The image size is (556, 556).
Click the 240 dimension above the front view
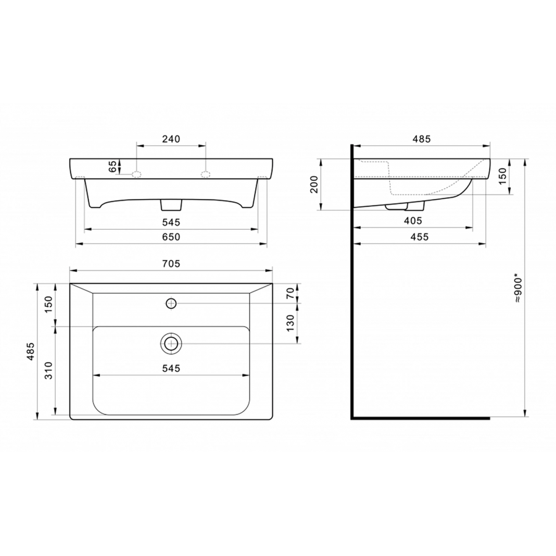171,139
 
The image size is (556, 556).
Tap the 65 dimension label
112,166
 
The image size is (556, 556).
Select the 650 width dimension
171,237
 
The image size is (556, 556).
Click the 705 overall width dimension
171,264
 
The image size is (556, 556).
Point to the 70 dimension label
290,293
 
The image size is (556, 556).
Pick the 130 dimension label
290,323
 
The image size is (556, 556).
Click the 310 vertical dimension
49,370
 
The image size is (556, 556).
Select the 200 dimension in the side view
314,184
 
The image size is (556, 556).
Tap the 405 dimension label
413,221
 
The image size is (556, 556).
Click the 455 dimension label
419,237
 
